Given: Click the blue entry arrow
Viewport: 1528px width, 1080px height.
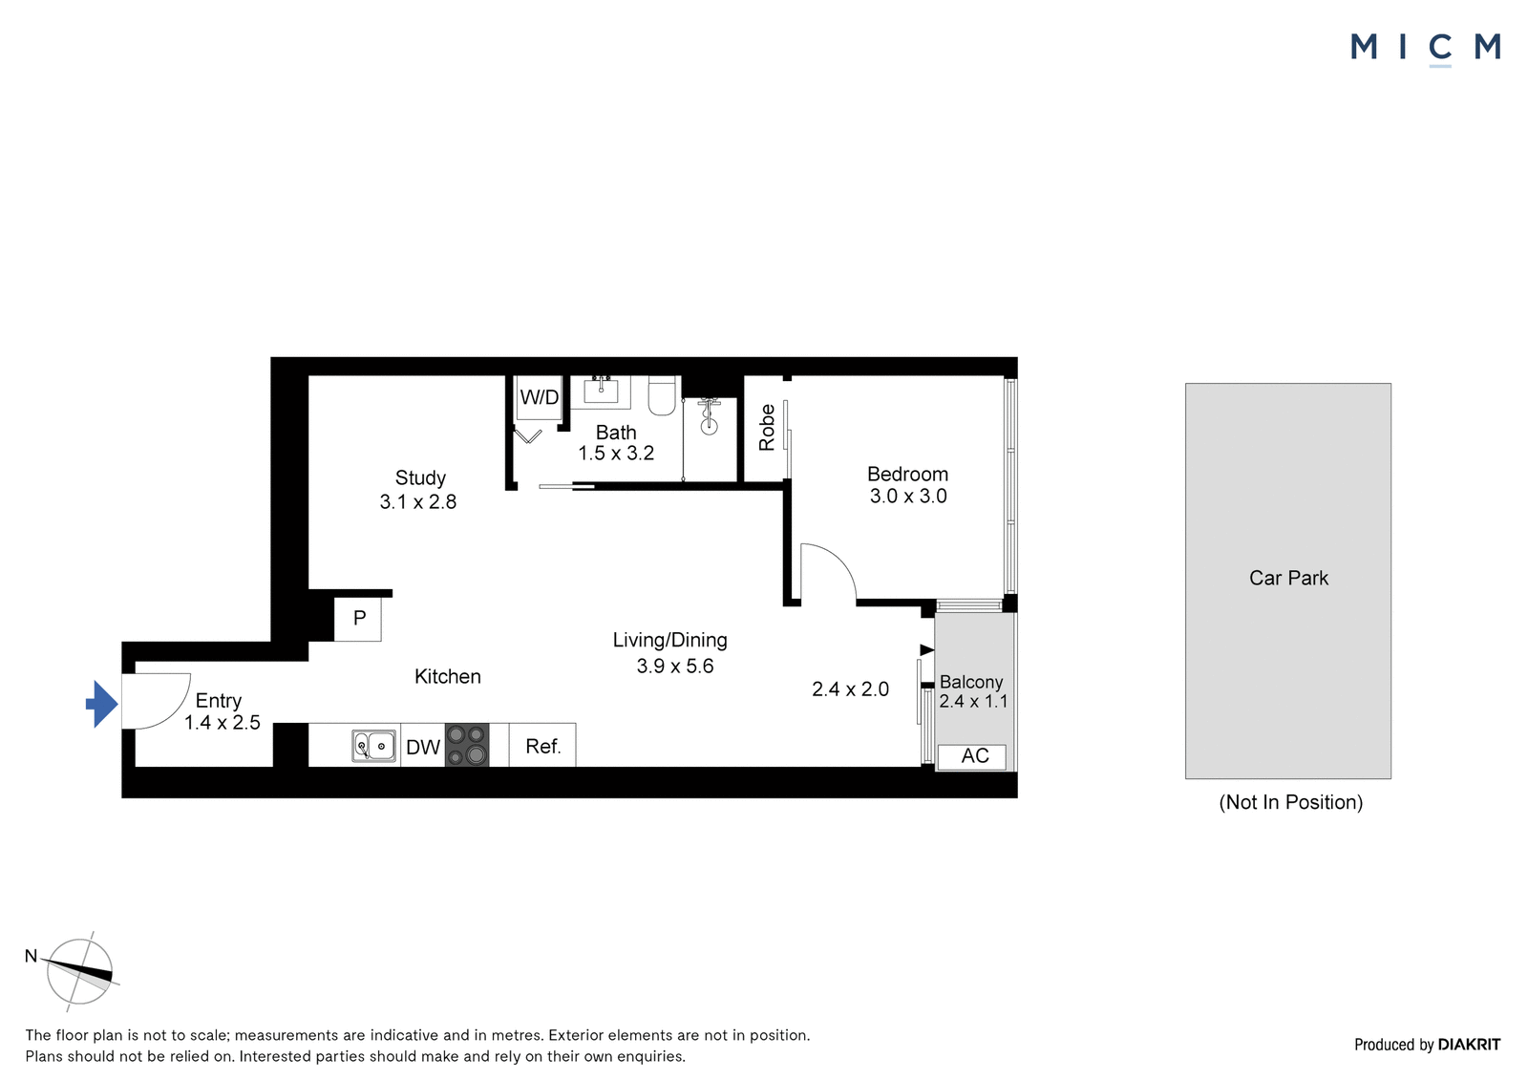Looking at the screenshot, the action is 102,704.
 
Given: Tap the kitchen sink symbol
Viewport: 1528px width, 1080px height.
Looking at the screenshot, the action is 373,746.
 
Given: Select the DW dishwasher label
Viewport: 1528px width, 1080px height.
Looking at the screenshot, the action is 423,747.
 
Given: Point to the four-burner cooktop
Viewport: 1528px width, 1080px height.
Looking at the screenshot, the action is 467,745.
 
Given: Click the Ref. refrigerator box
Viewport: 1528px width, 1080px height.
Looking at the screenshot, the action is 542,745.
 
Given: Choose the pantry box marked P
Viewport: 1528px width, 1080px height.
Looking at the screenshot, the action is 357,619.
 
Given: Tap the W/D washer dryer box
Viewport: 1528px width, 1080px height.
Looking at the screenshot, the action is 539,398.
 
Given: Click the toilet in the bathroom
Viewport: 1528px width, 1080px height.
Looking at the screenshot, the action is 661,395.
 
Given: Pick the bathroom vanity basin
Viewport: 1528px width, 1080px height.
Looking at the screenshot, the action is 601,392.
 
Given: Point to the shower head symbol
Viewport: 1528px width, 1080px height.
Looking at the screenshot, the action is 710,417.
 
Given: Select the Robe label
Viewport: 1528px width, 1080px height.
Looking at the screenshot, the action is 767,428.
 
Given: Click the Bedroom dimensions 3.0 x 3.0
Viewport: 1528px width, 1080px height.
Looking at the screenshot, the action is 908,496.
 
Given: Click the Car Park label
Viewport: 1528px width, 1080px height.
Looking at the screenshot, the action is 1288,578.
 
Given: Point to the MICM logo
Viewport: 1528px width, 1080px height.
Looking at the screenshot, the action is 1426,48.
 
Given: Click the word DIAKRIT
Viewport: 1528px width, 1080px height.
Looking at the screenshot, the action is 1469,1045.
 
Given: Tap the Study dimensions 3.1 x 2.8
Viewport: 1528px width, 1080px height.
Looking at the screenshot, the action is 418,502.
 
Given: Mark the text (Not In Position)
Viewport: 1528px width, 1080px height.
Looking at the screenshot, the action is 1290,801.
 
